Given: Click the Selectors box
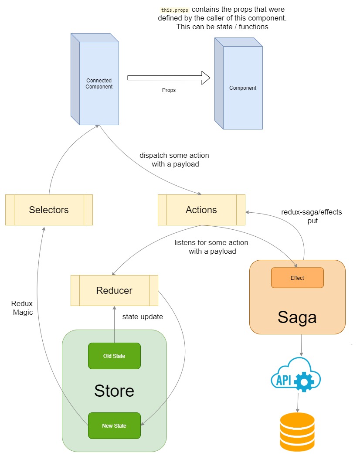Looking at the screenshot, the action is click(49, 210).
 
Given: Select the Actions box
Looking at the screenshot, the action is click(201, 210).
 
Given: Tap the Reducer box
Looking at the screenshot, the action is click(114, 290).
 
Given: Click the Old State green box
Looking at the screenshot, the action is click(114, 356).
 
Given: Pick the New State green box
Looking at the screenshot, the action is click(114, 426).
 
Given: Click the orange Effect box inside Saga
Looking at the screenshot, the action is click(297, 278).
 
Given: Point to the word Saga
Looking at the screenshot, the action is click(297, 317).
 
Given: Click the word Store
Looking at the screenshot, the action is click(114, 391).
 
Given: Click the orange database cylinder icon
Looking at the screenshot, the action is click(297, 432).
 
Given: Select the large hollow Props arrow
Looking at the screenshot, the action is click(169, 78).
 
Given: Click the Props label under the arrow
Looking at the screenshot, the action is click(169, 90).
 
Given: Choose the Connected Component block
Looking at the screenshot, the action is click(95, 79).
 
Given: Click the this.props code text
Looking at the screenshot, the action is click(174, 10).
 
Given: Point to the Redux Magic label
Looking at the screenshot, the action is click(22, 308).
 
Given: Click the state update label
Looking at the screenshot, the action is click(143, 316).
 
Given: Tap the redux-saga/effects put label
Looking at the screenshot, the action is click(312, 216).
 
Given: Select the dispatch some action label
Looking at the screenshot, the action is click(174, 160).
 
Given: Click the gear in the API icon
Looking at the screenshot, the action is click(304, 381).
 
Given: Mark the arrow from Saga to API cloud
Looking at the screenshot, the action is click(301, 345).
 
